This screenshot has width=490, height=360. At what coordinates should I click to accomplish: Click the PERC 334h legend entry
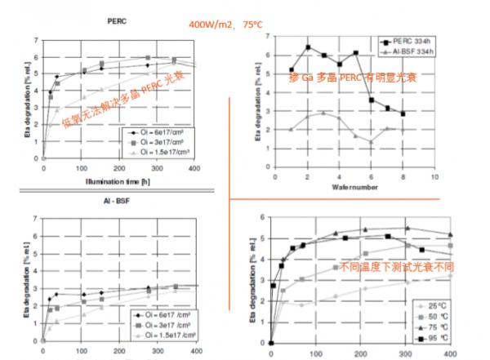[410, 42]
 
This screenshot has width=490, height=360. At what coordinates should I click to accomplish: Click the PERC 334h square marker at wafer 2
[308, 47]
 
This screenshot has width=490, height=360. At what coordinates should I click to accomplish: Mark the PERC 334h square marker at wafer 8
[403, 113]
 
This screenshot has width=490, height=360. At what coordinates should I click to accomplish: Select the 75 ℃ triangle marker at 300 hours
[406, 229]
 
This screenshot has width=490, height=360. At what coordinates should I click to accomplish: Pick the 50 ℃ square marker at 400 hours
[450, 245]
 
